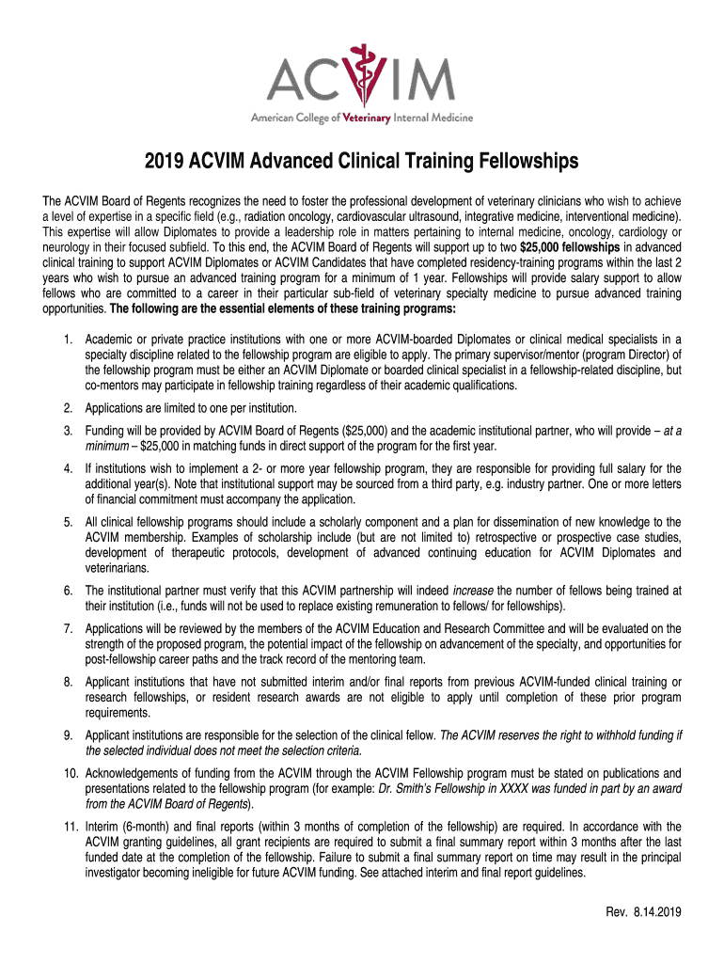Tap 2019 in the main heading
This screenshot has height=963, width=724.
[x=166, y=163]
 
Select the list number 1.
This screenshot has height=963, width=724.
[x=69, y=339]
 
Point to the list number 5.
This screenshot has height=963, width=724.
[x=69, y=522]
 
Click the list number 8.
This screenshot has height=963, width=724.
[x=69, y=680]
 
